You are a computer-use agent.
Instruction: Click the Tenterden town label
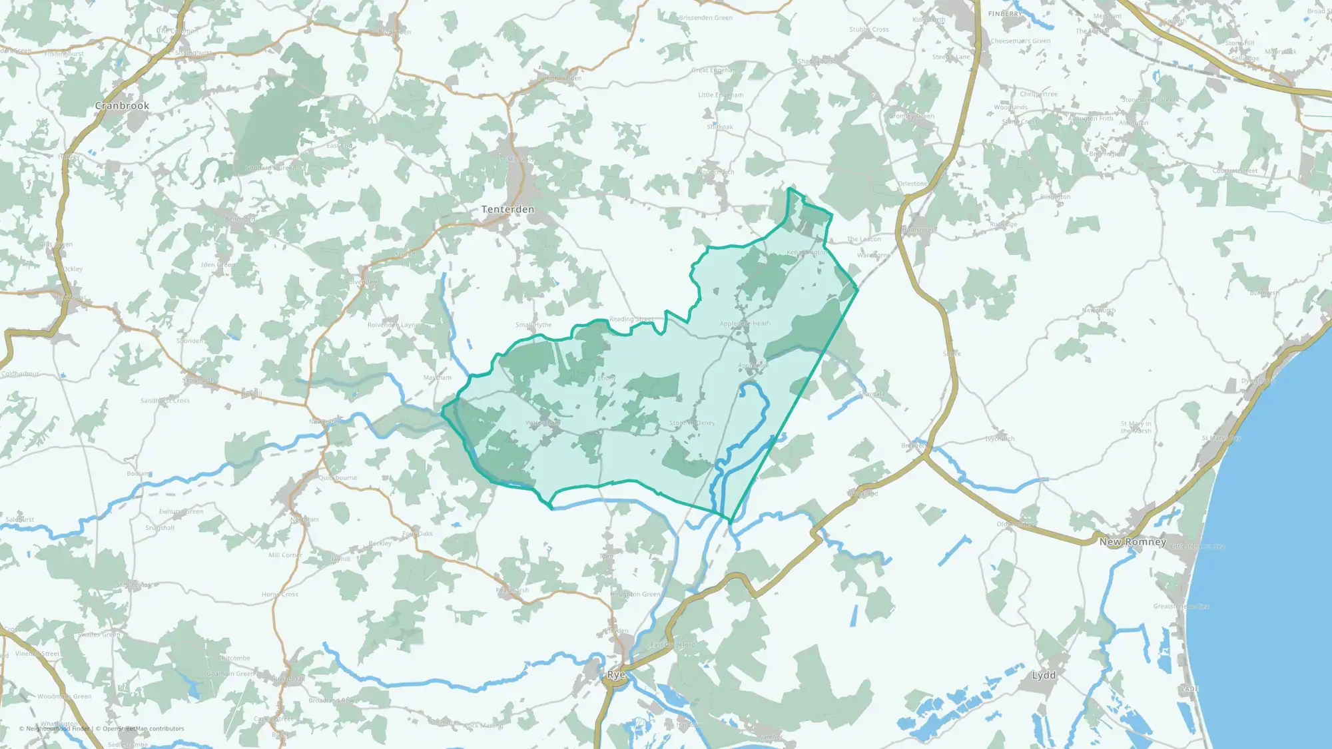pos(507,209)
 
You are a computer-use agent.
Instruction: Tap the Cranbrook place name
pos(122,106)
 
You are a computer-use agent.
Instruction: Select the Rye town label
pos(616,675)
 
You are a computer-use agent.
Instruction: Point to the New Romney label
pos(1133,542)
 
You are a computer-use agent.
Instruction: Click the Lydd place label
pos(1044,675)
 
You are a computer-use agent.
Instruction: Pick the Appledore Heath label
pos(745,324)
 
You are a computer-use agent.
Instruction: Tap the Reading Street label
pos(631,319)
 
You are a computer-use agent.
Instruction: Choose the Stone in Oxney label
pos(692,423)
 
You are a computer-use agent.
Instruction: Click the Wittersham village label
pos(543,423)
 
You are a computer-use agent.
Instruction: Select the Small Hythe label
pos(533,325)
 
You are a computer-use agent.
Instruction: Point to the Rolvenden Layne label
pos(394,325)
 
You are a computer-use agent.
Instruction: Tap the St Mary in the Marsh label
pos(1136,427)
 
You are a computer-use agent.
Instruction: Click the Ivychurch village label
pos(1000,439)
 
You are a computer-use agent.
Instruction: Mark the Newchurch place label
pos(1098,310)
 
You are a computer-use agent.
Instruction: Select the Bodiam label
pos(139,473)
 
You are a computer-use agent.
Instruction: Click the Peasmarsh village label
pos(512,590)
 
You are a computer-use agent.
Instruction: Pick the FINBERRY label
pos(1004,14)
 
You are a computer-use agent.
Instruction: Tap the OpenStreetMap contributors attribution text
pos(143,728)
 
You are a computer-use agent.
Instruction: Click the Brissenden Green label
pos(706,18)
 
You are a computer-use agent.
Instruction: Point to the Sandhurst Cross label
pos(165,401)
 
